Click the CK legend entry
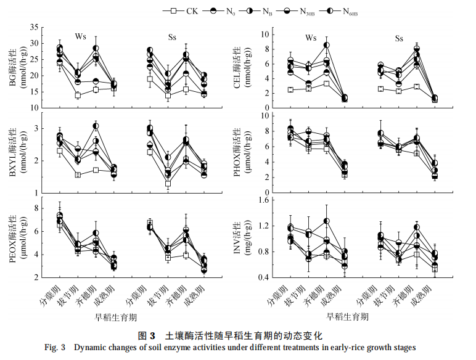tap(185, 11)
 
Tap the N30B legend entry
tap(303, 11)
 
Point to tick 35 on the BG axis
tap(36, 28)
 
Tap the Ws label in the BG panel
tap(81, 36)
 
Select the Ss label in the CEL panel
tap(399, 38)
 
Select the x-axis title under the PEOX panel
tap(110, 317)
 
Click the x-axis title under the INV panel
tap(349, 317)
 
